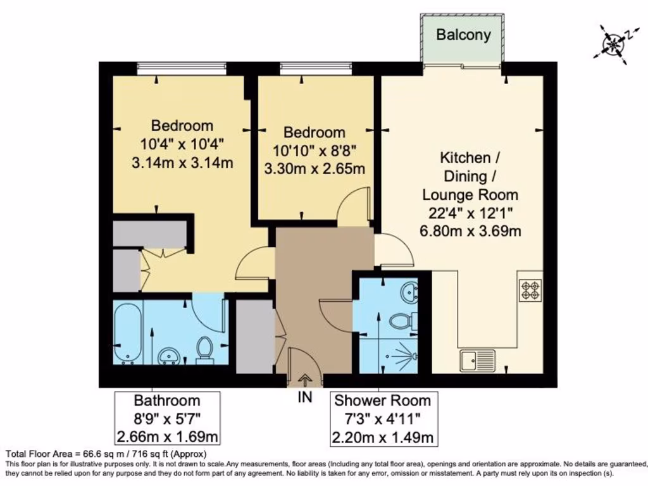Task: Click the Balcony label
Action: click(463, 35)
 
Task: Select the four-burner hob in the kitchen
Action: click(530, 290)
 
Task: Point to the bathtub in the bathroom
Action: click(128, 333)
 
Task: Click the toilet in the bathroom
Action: click(204, 349)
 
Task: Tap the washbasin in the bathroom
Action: click(168, 356)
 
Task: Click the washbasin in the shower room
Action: click(410, 292)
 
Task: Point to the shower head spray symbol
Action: click(403, 356)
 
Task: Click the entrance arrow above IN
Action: click(304, 380)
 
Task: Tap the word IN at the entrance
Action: click(305, 398)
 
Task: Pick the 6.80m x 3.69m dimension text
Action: click(470, 231)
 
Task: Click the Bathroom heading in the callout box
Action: click(167, 401)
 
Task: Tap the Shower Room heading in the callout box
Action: click(382, 401)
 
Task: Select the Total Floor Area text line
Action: click(106, 454)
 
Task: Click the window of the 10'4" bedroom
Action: click(182, 65)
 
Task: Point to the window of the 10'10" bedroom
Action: click(316, 65)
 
